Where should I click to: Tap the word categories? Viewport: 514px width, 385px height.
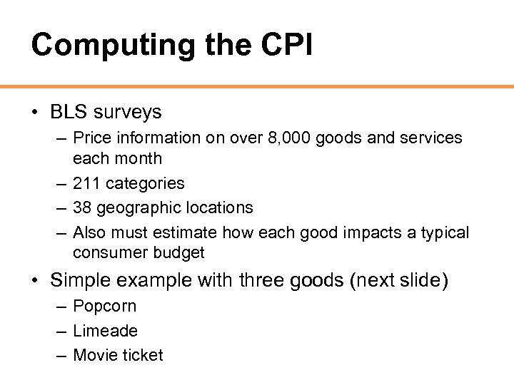[x=145, y=183]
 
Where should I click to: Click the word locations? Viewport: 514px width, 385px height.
[x=219, y=207]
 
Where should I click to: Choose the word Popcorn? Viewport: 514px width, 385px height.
[x=104, y=307]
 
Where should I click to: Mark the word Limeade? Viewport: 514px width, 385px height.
[x=105, y=331]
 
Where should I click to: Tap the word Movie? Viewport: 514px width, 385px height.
[x=96, y=355]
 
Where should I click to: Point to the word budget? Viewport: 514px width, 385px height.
[x=181, y=253]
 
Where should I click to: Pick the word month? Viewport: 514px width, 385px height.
[x=141, y=158]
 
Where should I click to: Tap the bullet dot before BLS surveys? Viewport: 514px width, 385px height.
[x=35, y=113]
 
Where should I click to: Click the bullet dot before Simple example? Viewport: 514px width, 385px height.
[x=35, y=280]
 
